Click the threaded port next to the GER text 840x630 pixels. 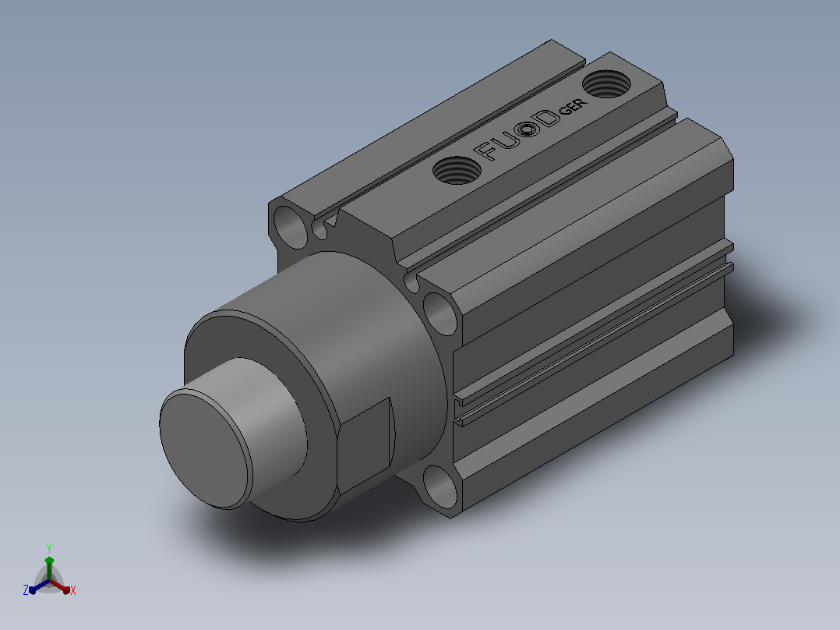tap(606, 84)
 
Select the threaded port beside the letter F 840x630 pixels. tap(457, 171)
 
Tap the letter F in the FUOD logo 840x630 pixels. tap(486, 150)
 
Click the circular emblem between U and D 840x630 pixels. tap(529, 129)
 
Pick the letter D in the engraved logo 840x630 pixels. tap(548, 119)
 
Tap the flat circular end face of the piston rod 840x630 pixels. tap(206, 449)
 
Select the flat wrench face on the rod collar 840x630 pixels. tap(365, 445)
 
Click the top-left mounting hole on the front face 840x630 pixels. tap(291, 228)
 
